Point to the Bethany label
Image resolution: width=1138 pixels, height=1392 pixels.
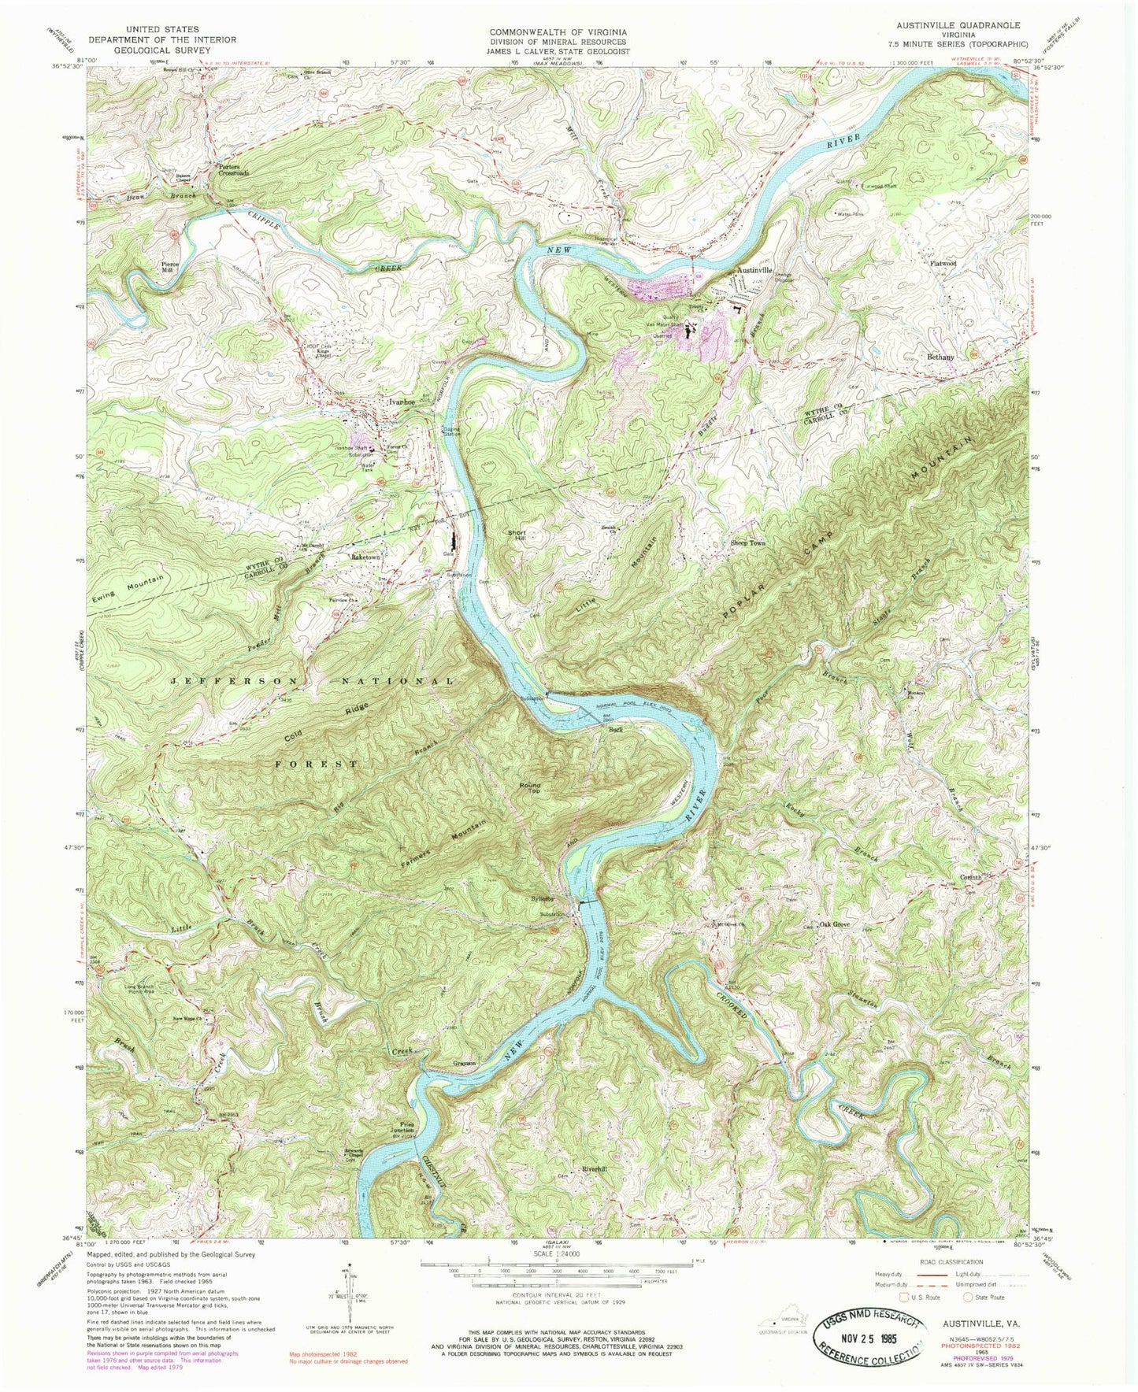[940, 357]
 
